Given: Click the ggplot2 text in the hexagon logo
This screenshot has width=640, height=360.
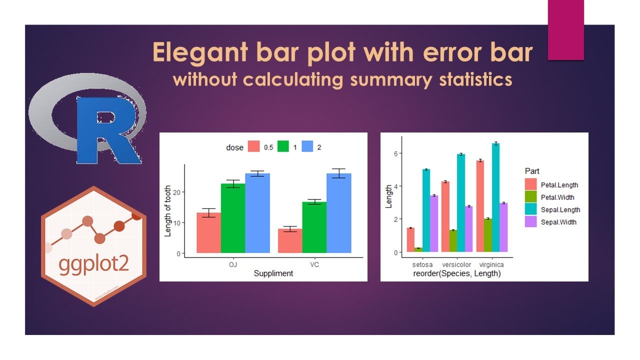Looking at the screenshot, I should (x=93, y=265).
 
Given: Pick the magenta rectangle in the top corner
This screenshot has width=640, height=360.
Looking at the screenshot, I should (x=565, y=30).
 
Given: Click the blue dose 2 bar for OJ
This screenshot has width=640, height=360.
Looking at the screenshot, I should (x=257, y=213).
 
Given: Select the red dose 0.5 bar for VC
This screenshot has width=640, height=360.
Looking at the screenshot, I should (x=290, y=240).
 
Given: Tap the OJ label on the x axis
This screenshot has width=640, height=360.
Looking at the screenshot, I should (x=233, y=264).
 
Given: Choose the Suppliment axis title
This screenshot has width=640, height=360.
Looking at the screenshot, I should (x=273, y=273).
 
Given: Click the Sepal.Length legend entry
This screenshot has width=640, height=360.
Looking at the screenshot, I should (x=560, y=210).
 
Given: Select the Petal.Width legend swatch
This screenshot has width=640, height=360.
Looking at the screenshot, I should (x=530, y=197).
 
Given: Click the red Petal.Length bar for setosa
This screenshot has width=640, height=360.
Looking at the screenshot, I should (x=410, y=239).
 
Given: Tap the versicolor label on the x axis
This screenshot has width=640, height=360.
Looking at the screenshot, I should (x=456, y=264).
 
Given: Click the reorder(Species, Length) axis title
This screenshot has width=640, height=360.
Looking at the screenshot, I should (x=456, y=273).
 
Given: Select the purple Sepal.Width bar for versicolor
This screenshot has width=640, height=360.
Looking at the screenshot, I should (x=468, y=228).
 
